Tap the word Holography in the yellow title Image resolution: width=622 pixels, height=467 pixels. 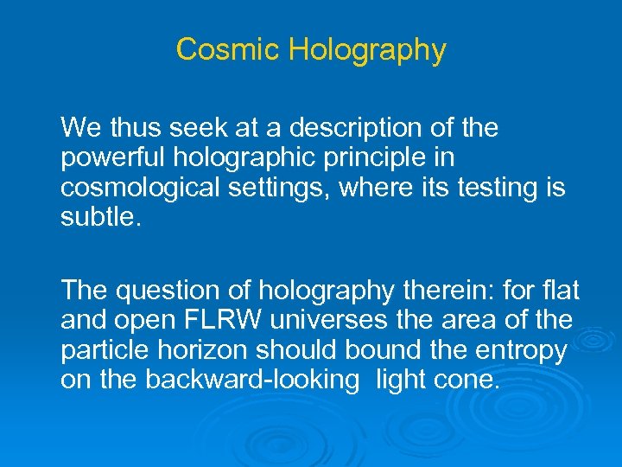click(x=367, y=50)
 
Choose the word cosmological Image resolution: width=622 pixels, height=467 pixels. click(x=136, y=189)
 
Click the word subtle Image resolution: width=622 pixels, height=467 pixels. click(x=94, y=216)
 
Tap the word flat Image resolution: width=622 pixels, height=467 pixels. click(x=562, y=291)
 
